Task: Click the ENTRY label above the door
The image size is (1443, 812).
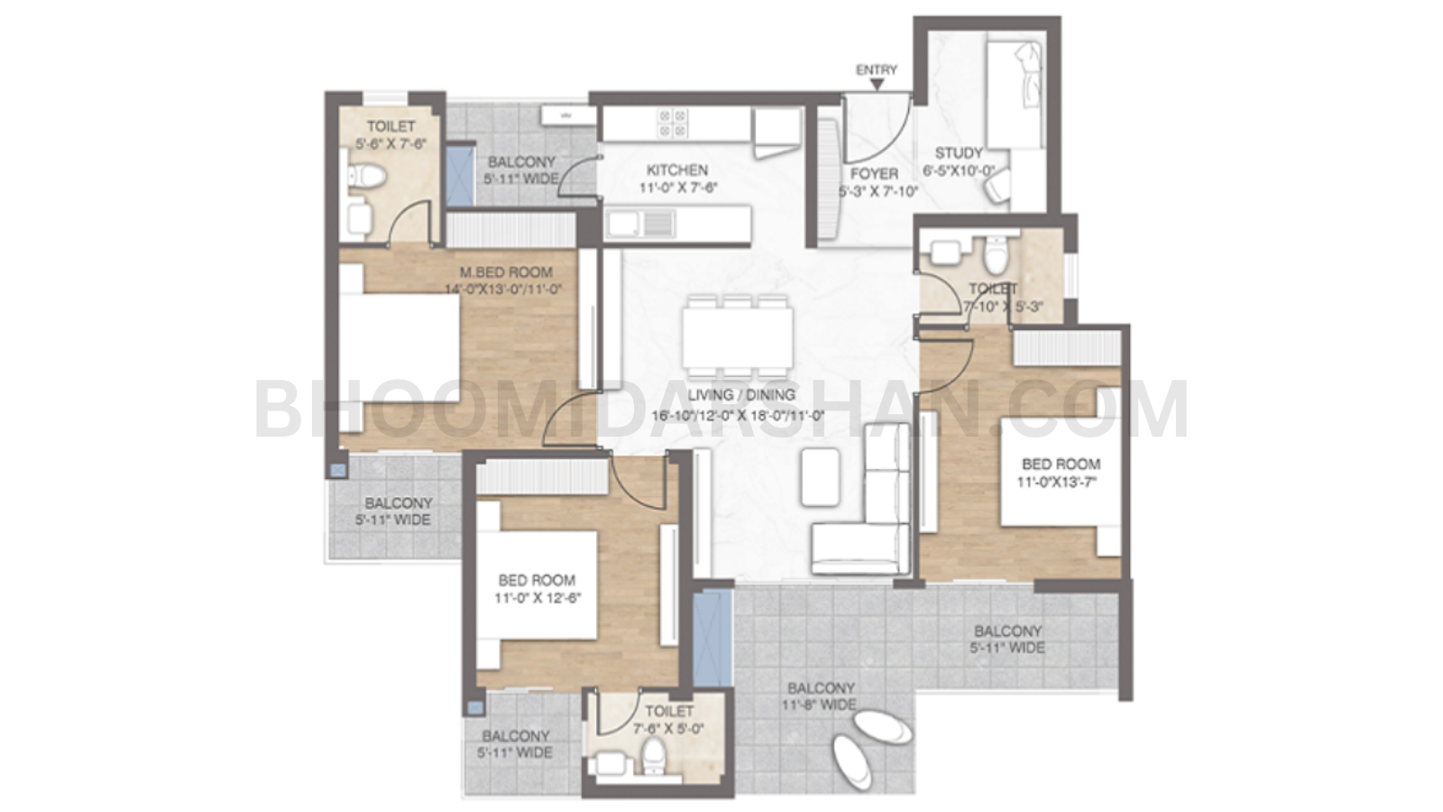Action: [876, 69]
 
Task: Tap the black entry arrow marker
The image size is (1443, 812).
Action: [877, 85]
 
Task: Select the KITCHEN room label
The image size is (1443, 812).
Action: [676, 170]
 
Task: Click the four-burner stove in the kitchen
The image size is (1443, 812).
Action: [673, 124]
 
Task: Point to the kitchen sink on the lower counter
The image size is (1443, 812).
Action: [639, 223]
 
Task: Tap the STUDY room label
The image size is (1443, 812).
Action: [958, 152]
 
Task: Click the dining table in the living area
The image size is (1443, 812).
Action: [737, 337]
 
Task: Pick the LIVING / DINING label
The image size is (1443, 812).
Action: [740, 394]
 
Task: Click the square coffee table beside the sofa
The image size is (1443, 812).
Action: [820, 475]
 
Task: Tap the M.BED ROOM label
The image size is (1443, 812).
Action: [505, 272]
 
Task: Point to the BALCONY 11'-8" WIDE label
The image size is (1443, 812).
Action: [820, 696]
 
